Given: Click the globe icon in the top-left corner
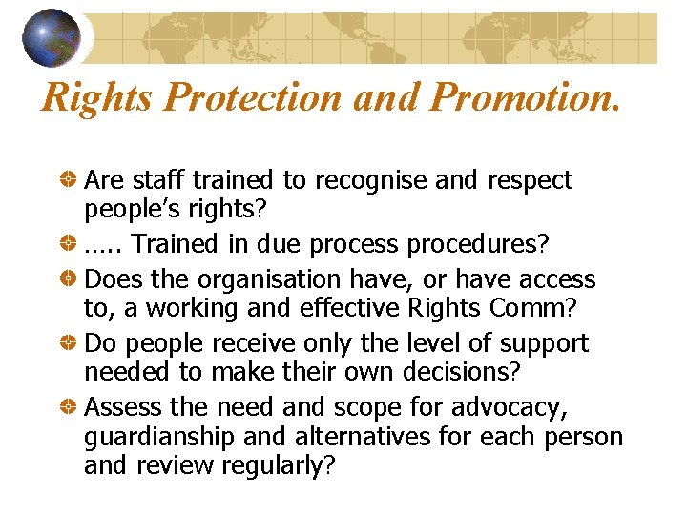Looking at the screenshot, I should click(52, 37).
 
